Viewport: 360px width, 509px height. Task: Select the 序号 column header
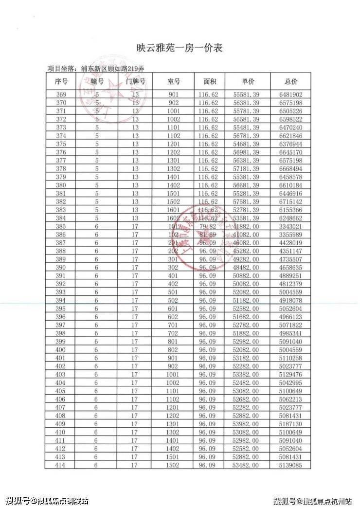(61, 81)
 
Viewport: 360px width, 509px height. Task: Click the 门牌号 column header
(136, 81)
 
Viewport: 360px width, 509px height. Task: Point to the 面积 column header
(209, 81)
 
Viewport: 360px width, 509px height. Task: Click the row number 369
(61, 95)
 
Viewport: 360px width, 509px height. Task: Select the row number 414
(61, 465)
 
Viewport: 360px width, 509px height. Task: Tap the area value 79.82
(209, 226)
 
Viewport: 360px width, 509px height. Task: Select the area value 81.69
(209, 235)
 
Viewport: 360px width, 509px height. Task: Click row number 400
(61, 350)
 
